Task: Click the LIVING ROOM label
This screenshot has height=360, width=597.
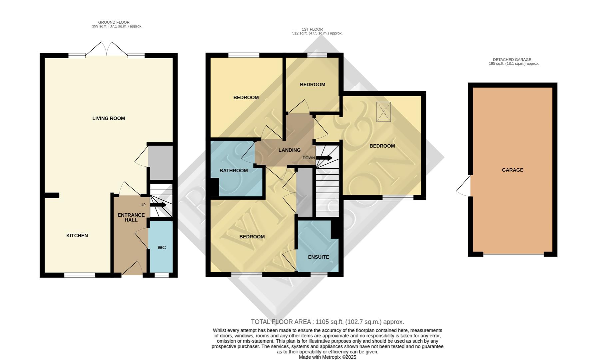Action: pyautogui.click(x=109, y=118)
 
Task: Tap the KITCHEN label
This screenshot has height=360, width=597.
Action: pyautogui.click(x=77, y=236)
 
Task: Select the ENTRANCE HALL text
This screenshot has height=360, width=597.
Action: pyautogui.click(x=131, y=217)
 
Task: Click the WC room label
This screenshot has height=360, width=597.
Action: pyautogui.click(x=162, y=248)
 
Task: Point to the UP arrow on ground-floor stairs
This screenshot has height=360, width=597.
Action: pyautogui.click(x=158, y=205)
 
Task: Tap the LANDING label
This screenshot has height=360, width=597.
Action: pyautogui.click(x=290, y=150)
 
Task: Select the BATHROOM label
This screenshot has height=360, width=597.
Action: pyautogui.click(x=234, y=171)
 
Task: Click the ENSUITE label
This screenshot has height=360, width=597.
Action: pyautogui.click(x=318, y=257)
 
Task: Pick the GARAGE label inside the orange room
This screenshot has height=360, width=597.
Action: pyautogui.click(x=512, y=170)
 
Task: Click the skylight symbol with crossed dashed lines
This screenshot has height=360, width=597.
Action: pyautogui.click(x=383, y=112)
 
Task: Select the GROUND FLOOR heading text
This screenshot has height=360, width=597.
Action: pyautogui.click(x=114, y=22)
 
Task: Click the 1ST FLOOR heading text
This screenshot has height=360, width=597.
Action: pyautogui.click(x=312, y=29)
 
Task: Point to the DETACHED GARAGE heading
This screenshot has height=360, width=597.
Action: pyautogui.click(x=512, y=60)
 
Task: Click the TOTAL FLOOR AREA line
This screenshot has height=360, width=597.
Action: pyautogui.click(x=327, y=322)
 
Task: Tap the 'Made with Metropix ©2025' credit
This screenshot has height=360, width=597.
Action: pyautogui.click(x=327, y=357)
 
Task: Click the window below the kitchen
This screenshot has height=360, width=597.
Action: pyautogui.click(x=80, y=275)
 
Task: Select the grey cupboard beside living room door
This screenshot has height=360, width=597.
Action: pyautogui.click(x=161, y=162)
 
